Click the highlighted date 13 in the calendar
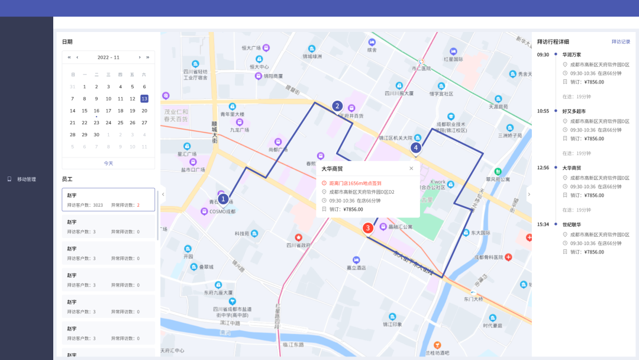[144, 98]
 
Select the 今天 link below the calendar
[108, 163]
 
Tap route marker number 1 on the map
[223, 199]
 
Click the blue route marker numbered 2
[337, 106]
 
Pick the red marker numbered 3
[367, 227]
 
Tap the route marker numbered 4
[416, 147]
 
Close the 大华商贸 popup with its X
[411, 169]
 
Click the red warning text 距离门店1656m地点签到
[355, 184]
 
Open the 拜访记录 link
[621, 42]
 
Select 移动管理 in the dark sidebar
[27, 179]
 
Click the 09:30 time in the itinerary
[543, 54]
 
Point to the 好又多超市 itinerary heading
[574, 111]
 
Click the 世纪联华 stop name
[572, 224]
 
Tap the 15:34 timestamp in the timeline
[543, 224]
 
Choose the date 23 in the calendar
[96, 123]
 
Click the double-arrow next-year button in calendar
[147, 57]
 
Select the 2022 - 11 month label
[108, 57]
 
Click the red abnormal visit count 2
[138, 205]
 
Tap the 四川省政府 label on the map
[299, 245]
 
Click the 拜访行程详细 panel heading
[553, 42]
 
